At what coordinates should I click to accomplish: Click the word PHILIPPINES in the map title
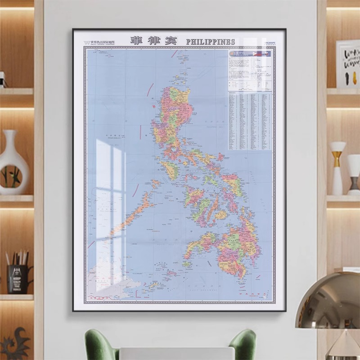(x=211, y=41)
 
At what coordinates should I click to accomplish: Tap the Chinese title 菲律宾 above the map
(x=154, y=40)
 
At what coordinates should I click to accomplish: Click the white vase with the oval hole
(x=13, y=162)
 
